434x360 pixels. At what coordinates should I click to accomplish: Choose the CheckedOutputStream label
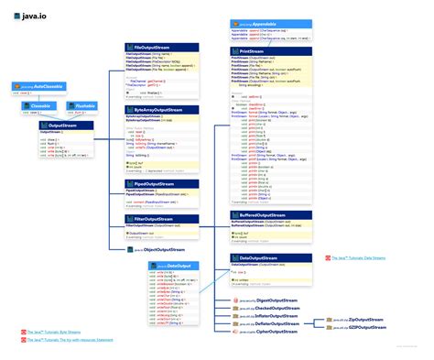pos(278,309)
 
